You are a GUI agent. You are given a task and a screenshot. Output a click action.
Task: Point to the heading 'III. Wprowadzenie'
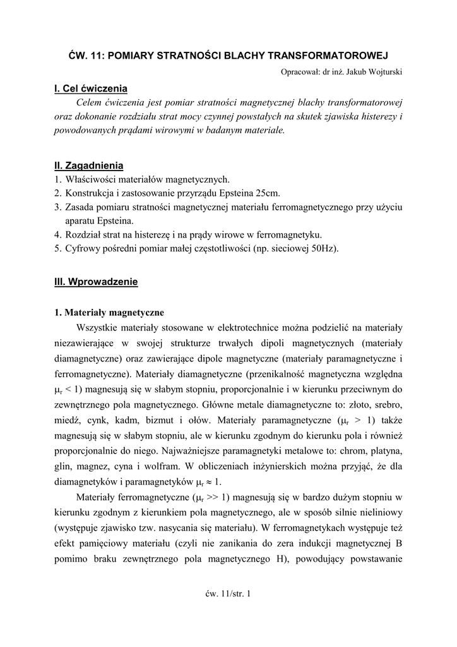coord(96,281)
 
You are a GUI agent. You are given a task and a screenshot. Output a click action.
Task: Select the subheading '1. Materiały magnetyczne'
coord(109,312)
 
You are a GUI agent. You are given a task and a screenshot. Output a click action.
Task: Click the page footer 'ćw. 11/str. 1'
coord(228,593)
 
